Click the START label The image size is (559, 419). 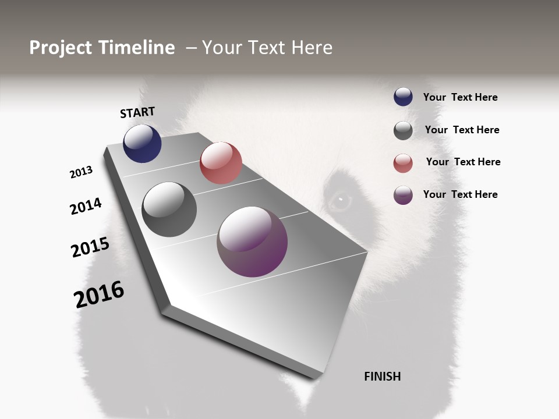point(137,112)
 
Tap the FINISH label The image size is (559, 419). point(382,377)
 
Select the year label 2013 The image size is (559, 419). point(81,172)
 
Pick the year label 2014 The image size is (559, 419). point(86,206)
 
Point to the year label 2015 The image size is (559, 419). point(90,247)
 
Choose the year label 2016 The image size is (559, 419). point(99,294)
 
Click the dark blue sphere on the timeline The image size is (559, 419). point(142,143)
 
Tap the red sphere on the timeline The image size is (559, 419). point(221,163)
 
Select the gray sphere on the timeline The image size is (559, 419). point(169,210)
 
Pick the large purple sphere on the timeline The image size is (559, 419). point(252,242)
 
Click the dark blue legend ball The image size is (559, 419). point(403,97)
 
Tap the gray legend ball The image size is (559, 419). point(403,130)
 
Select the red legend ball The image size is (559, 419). point(403,163)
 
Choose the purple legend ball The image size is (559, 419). point(403,195)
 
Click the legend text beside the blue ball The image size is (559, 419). point(460,98)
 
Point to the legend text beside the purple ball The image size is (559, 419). point(460,194)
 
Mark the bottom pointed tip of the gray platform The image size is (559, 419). point(314,377)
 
